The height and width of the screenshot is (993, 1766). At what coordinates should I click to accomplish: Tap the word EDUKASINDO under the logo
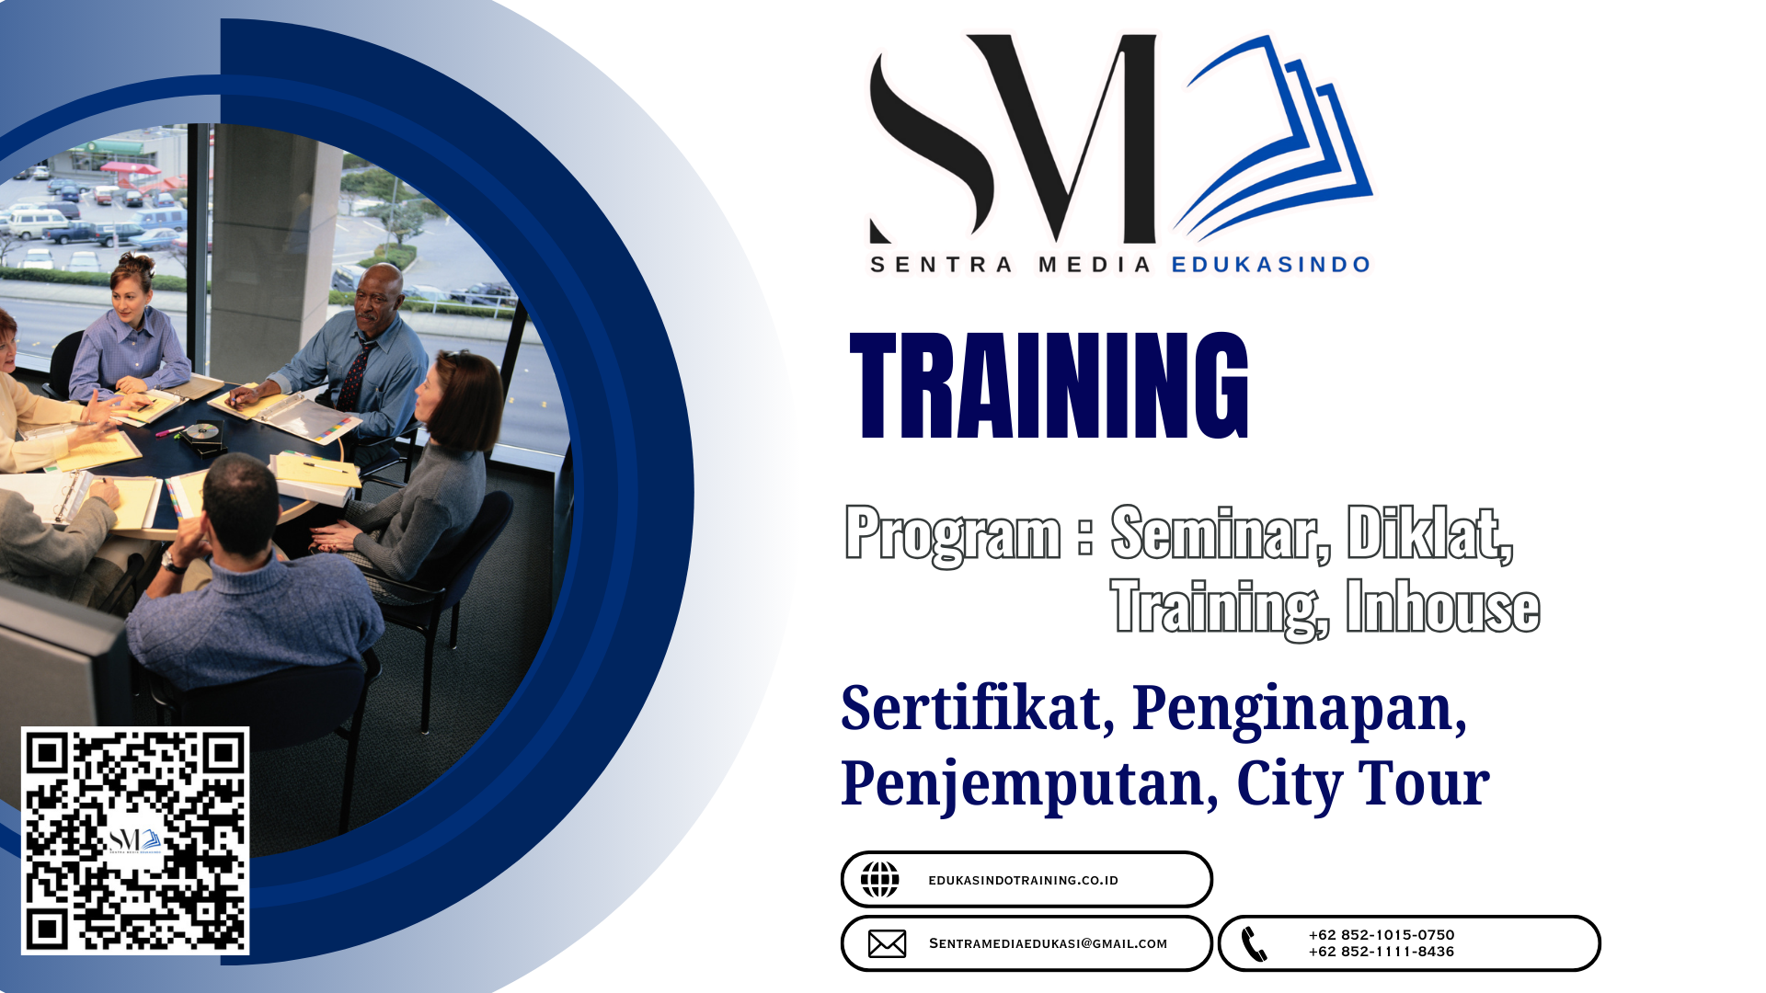pyautogui.click(x=1271, y=265)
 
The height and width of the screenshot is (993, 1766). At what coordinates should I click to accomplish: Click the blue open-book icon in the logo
pyautogui.click(x=1274, y=138)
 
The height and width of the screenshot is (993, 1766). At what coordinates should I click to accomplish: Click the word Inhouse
pyautogui.click(x=1443, y=606)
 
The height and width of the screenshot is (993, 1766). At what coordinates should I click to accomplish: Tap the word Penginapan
pyautogui.click(x=1299, y=710)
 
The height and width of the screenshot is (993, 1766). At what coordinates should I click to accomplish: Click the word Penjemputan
pyautogui.click(x=1030, y=785)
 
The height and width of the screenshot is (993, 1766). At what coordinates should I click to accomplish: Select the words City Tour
pyautogui.click(x=1363, y=784)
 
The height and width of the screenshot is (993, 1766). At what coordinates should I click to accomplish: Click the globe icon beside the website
pyautogui.click(x=880, y=880)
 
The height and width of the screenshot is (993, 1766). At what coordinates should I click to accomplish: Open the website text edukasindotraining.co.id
pyautogui.click(x=1023, y=880)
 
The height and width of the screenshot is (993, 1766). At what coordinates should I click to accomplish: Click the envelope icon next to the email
pyautogui.click(x=888, y=943)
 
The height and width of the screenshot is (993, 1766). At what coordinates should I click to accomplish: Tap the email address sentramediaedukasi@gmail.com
pyautogui.click(x=1048, y=943)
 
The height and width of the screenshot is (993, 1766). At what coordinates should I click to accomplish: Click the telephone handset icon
pyautogui.click(x=1254, y=943)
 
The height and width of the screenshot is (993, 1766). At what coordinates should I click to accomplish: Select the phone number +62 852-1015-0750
pyautogui.click(x=1382, y=935)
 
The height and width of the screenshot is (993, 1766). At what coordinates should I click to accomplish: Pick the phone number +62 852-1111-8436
pyautogui.click(x=1382, y=952)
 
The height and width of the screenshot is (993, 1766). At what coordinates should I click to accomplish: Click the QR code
pyautogui.click(x=135, y=840)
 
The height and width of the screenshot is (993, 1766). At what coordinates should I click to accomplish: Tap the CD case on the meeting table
pyautogui.click(x=202, y=435)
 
